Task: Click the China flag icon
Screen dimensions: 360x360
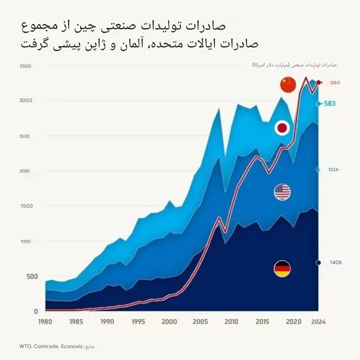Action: (288, 84)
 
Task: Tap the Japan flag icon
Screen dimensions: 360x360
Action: (282, 128)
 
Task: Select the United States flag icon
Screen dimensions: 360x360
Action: (282, 192)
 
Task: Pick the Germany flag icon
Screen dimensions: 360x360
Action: (282, 269)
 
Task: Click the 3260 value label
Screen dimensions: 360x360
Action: (335, 83)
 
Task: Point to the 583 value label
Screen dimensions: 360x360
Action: (330, 104)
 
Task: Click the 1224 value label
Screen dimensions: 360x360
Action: (334, 169)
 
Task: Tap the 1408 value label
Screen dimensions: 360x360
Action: (335, 263)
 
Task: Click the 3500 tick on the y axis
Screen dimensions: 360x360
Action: (26, 66)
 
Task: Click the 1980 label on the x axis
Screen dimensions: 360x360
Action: (45, 322)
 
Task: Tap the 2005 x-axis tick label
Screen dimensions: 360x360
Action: (200, 322)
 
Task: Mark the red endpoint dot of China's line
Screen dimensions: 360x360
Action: (319, 82)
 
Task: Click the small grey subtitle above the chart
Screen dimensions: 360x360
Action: (294, 65)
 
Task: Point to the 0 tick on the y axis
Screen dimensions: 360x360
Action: (36, 311)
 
